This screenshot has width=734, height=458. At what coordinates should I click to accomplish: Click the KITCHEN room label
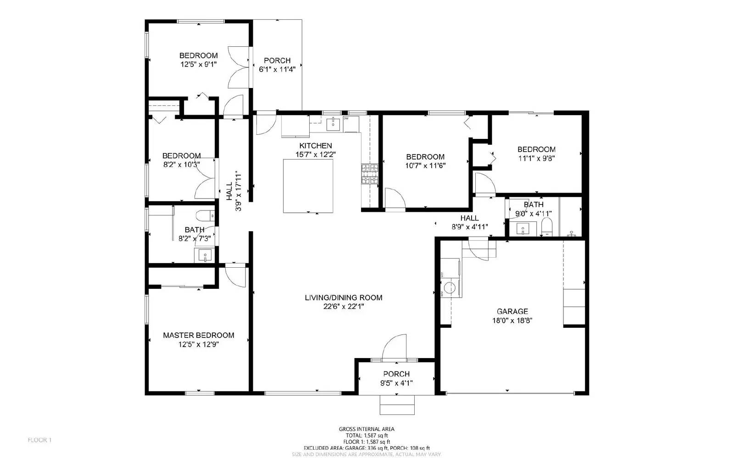tap(315, 145)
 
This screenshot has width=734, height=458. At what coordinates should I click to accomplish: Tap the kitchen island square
tap(308, 186)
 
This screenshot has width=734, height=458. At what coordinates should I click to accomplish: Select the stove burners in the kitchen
tap(370, 174)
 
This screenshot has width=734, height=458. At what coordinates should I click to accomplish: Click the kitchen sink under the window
tap(333, 123)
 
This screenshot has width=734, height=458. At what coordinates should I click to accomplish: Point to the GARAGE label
tap(512, 311)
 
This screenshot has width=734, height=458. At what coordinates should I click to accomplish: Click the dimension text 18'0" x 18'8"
tap(512, 320)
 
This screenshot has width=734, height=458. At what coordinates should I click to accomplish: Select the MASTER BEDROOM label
tap(198, 335)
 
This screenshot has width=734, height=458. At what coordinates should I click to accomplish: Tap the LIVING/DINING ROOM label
tap(343, 298)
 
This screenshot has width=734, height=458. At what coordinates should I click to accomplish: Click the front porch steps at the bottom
tap(397, 404)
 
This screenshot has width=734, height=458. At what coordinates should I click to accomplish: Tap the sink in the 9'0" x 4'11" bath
tap(522, 228)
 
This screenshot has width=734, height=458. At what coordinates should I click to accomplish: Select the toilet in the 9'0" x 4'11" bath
tap(546, 226)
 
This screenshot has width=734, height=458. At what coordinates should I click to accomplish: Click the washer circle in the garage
tap(450, 287)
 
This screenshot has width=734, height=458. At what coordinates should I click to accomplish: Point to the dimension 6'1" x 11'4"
tap(277, 69)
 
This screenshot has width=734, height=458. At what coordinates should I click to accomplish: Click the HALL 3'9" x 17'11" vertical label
tap(234, 191)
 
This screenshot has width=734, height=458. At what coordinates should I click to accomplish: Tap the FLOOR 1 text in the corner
tap(39, 440)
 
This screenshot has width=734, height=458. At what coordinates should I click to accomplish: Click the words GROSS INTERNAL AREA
tap(366, 429)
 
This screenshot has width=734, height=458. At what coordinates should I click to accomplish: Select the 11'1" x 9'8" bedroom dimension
tap(536, 158)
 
